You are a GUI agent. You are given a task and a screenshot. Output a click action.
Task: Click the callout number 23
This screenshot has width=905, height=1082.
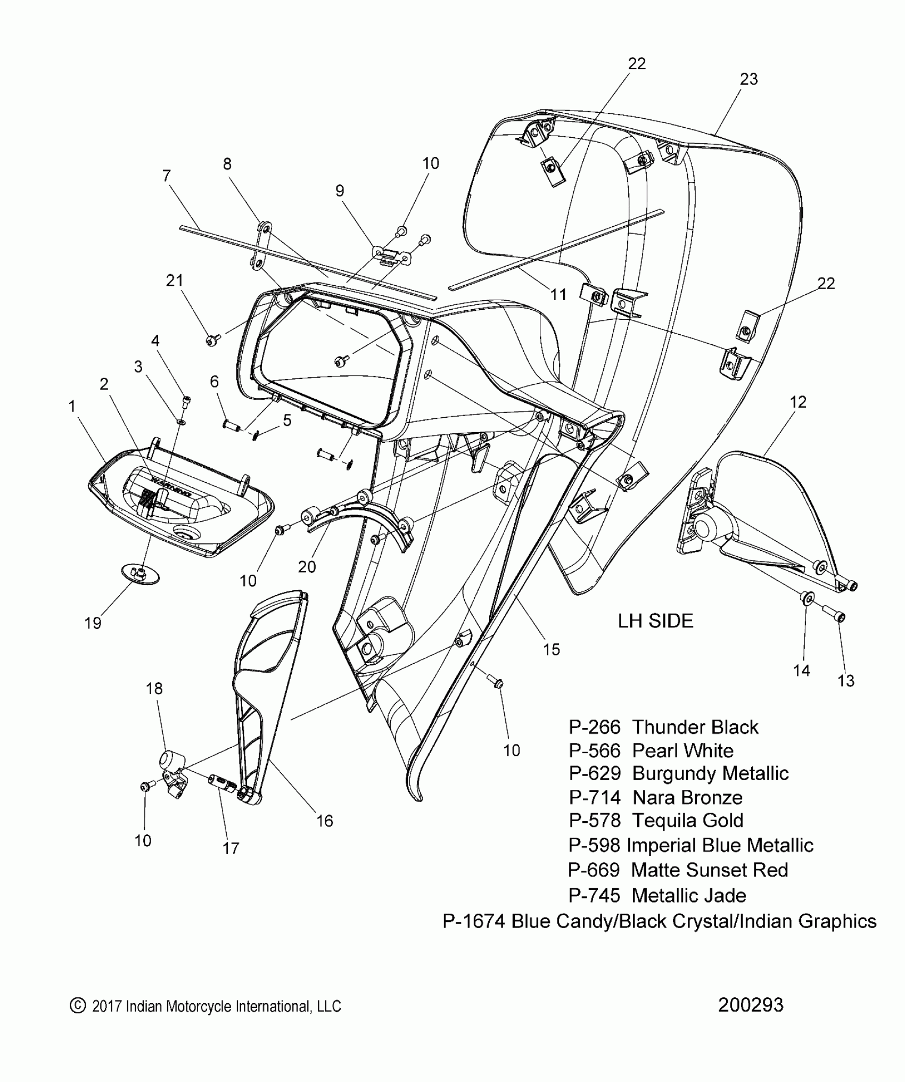point(748,79)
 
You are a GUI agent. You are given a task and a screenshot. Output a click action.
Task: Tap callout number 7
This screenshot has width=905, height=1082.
point(167,176)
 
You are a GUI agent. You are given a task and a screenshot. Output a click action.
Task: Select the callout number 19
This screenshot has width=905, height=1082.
point(93,623)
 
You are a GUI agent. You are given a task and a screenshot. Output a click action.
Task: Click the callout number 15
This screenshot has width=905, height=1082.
point(552,649)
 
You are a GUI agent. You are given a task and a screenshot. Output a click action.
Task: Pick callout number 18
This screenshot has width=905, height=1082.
point(154,689)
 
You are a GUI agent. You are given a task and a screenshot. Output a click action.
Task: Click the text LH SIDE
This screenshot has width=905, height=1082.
point(655,621)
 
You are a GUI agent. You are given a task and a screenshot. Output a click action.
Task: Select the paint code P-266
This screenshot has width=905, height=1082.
point(595,728)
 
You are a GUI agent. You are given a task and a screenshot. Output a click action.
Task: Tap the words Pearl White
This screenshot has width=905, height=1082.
point(682,751)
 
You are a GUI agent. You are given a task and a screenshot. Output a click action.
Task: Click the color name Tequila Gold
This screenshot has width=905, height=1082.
point(687,821)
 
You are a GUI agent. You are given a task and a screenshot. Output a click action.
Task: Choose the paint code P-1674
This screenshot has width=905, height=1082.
point(473,921)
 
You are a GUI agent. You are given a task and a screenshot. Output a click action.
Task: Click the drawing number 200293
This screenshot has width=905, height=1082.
point(751,1005)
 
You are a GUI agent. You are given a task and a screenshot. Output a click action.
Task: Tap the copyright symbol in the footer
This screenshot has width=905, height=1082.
point(78,1005)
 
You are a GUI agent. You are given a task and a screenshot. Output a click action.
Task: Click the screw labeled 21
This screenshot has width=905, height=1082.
point(212,340)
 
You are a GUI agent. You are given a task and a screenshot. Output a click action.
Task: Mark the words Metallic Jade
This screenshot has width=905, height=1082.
point(688,896)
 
